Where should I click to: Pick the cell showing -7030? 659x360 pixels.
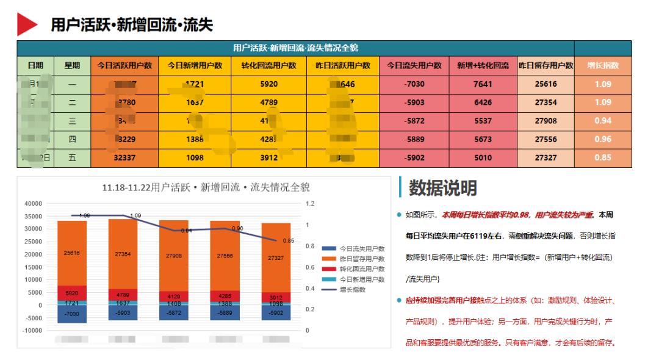[x=414, y=84]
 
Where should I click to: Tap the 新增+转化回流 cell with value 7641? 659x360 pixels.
[x=482, y=84]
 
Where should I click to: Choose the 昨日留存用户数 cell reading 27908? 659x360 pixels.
[x=546, y=121]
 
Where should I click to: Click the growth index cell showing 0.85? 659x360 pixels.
[x=603, y=157]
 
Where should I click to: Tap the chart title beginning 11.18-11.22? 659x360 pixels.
[x=206, y=187]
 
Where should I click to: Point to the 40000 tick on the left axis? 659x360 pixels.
[x=33, y=203]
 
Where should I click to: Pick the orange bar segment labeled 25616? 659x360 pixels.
[x=72, y=253]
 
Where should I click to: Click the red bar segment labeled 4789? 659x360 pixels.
[x=123, y=294]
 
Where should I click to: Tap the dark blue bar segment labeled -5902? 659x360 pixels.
[x=276, y=312]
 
